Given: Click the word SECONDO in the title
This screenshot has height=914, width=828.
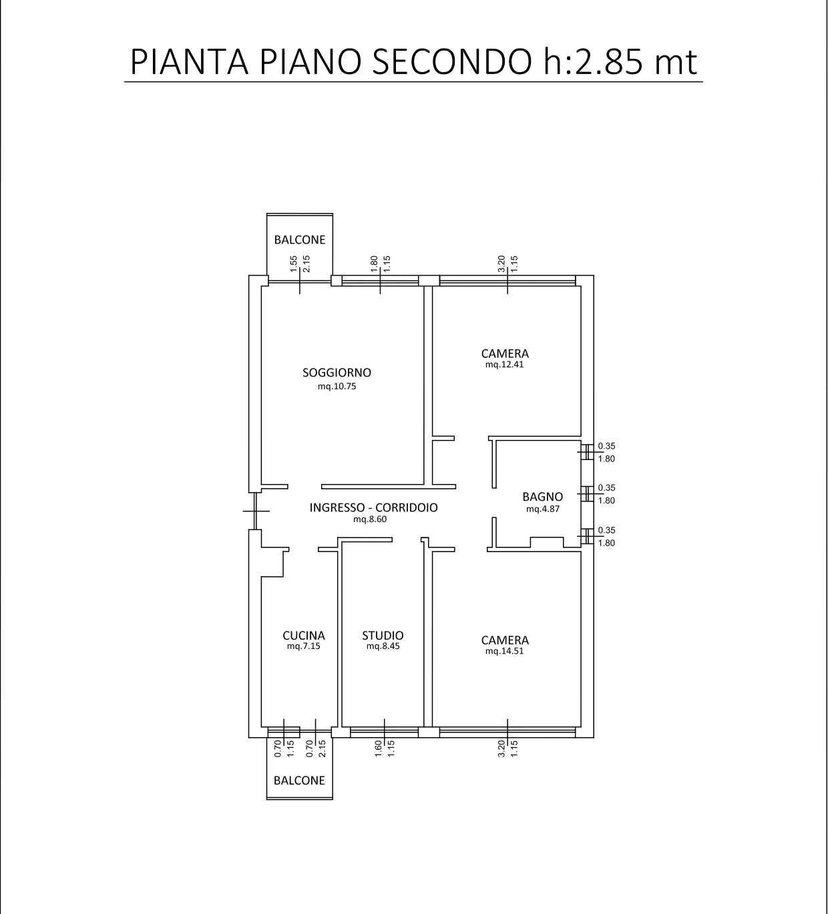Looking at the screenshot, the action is point(452,62).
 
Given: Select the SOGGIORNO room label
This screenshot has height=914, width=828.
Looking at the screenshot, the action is point(337,373).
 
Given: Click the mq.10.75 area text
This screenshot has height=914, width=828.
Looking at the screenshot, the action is point(337,387).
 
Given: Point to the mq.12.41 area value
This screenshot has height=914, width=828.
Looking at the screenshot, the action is point(504,365).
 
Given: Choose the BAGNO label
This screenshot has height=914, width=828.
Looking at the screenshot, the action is point(542,497).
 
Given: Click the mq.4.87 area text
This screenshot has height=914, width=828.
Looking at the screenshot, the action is point(542,509).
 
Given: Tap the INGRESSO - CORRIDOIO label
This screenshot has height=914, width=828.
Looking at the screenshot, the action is point(373,507).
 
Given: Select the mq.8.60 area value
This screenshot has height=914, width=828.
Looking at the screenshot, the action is point(369,519).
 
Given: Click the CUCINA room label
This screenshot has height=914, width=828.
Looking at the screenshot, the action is point(304,636).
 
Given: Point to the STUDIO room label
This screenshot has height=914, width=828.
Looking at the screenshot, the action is point(383,636).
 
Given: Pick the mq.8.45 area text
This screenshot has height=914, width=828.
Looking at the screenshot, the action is point(383,646).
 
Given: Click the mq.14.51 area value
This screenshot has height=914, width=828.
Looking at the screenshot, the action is point(504,651).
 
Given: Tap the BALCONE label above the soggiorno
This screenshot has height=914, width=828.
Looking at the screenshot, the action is point(300,240).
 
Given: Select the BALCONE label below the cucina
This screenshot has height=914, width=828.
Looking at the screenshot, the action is point(299,780).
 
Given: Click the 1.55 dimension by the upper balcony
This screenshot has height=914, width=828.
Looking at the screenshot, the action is point(293,264).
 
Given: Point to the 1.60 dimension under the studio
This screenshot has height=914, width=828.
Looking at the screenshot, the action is point(378,748).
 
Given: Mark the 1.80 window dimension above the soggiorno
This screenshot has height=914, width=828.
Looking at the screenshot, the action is point(374,264).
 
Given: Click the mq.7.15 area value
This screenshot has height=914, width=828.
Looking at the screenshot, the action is point(304,646).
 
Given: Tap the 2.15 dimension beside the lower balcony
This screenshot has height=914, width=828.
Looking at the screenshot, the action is point(322,748).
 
